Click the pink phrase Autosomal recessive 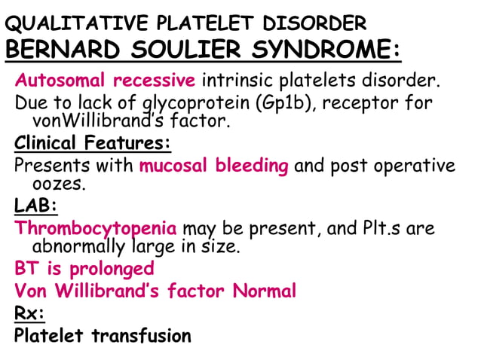pyautogui.click(x=106, y=80)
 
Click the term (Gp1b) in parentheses pyautogui.click(x=286, y=102)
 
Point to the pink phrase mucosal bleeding pyautogui.click(x=214, y=166)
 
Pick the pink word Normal pyautogui.click(x=264, y=291)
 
